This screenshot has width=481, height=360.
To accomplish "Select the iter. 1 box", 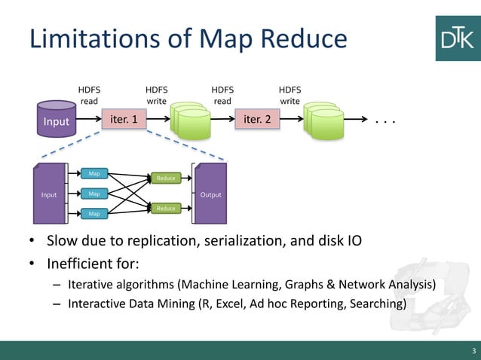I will tap(124, 119).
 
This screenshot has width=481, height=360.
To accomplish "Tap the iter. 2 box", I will tap(257, 119).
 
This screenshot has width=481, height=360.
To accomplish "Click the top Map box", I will tap(94, 174).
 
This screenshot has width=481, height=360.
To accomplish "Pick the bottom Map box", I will tap(94, 214).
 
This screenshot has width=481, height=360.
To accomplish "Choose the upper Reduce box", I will tap(165, 178).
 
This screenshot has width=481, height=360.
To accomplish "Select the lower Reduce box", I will tap(165, 208).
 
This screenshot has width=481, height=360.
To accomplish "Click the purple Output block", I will tap(210, 194).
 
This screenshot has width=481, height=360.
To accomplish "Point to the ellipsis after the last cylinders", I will tap(384, 121).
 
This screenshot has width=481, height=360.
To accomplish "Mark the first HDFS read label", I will tap(89, 95).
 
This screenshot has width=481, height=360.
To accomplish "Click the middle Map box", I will tap(94, 194).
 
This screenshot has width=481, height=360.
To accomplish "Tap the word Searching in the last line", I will tap(378, 304).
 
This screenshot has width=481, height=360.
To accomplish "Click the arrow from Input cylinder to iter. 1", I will tap(87, 119).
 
